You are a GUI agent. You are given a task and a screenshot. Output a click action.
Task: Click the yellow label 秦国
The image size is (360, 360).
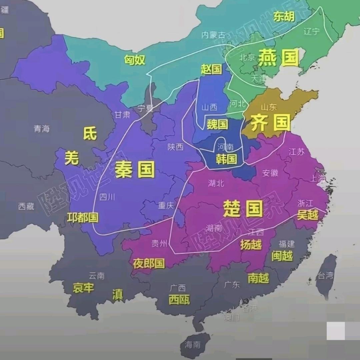[x=135, y=170]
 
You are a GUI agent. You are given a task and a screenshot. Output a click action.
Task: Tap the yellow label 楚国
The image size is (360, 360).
[x=243, y=209]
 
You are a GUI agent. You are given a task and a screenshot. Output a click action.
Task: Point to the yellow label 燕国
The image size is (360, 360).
[x=279, y=57]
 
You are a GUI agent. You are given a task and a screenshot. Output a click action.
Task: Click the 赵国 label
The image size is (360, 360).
[x=211, y=69]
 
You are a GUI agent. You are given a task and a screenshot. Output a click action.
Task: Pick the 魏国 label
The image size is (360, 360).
[x=217, y=124]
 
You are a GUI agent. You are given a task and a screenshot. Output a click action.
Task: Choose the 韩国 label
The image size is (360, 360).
[x=226, y=159]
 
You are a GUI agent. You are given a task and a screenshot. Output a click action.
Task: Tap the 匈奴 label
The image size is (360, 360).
[x=135, y=60]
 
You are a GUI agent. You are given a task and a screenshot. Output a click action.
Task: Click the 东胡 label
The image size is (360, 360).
[x=284, y=16]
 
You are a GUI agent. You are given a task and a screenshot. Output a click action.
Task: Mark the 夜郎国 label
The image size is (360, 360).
[x=149, y=264]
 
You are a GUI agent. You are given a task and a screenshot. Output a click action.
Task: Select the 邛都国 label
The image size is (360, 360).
[x=83, y=218]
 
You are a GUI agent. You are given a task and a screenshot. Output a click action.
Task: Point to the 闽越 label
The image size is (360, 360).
[x=282, y=256]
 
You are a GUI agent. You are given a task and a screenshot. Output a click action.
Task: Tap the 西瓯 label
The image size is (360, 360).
[x=179, y=300]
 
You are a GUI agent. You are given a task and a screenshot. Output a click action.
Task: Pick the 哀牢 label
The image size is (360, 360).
[x=83, y=288]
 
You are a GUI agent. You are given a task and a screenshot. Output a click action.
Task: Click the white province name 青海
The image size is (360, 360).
[x=42, y=128]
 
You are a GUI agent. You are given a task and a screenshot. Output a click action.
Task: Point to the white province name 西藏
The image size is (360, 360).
[x=26, y=206]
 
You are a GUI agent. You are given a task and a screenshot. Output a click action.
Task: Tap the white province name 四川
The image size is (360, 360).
[x=107, y=197]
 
